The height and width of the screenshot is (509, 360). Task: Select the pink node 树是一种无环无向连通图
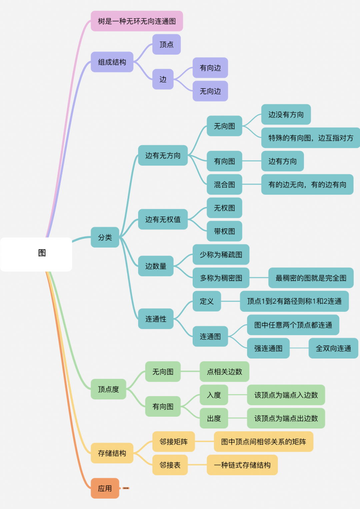(x=137, y=21)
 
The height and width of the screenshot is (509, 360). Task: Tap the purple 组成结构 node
(x=112, y=62)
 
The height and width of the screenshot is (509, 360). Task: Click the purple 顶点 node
(x=166, y=44)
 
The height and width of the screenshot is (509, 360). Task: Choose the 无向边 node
(x=210, y=91)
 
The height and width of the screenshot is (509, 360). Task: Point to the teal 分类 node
(x=105, y=237)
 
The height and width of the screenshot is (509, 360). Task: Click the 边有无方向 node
(x=163, y=155)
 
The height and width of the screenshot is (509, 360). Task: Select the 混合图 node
(x=224, y=184)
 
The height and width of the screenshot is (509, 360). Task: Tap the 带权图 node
(x=224, y=231)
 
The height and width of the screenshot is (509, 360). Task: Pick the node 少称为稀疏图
(x=221, y=254)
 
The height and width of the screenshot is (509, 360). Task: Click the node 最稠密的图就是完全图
(x=311, y=278)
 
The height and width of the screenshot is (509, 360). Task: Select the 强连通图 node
(x=268, y=348)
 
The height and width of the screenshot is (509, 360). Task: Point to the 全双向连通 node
(x=333, y=348)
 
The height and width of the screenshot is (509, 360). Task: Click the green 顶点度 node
(x=108, y=389)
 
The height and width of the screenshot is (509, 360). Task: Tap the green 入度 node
(x=214, y=395)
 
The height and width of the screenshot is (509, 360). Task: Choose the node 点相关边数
(x=224, y=372)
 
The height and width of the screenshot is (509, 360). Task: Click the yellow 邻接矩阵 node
(x=173, y=442)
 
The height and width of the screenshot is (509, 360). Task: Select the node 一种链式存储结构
(x=242, y=465)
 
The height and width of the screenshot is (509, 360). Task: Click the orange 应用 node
(x=105, y=488)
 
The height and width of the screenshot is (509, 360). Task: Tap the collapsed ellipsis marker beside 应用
(x=126, y=488)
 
